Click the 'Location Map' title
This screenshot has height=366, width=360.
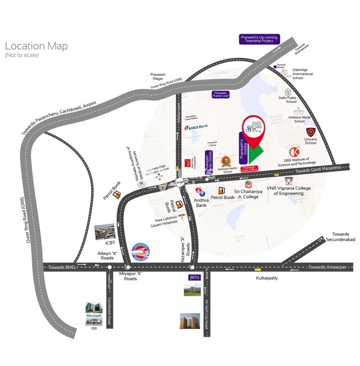tap(36, 46)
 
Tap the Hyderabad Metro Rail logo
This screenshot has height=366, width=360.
tap(141, 252)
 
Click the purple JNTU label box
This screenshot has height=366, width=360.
tap(194, 277)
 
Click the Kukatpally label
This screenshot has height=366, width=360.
tap(267, 278)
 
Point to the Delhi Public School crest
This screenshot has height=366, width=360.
tap(288, 93)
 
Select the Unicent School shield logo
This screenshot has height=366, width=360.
tap(311, 132)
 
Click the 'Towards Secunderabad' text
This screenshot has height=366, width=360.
tap(341, 237)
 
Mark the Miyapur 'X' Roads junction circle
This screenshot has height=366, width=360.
tap(127, 267)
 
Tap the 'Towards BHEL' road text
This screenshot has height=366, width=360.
tap(62, 268)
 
